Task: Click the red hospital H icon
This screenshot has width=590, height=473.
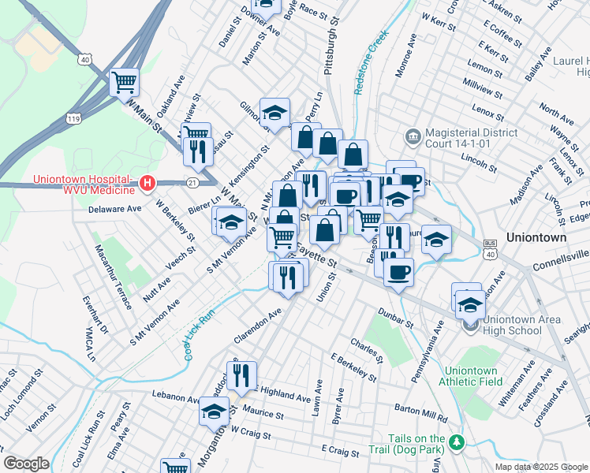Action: (x=146, y=184)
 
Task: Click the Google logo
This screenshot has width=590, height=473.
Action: (x=26, y=464)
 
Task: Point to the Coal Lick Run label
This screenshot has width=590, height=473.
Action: (x=198, y=335)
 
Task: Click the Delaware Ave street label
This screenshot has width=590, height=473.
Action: (x=114, y=209)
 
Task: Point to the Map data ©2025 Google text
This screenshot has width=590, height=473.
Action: (x=540, y=466)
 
